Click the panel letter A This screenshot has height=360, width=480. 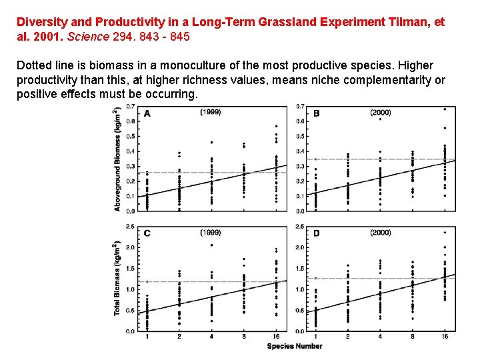pyautogui.click(x=147, y=113)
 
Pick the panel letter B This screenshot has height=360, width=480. pyautogui.click(x=316, y=113)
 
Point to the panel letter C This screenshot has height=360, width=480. pyautogui.click(x=147, y=233)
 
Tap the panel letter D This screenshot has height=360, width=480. pyautogui.click(x=316, y=233)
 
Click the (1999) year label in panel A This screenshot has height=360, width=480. pyautogui.click(x=211, y=112)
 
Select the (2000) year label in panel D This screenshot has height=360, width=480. pyautogui.click(x=381, y=232)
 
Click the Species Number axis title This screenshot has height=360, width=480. pyautogui.click(x=295, y=346)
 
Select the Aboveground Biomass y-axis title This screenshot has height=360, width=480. pyautogui.click(x=117, y=159)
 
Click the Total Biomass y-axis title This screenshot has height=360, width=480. pyautogui.click(x=117, y=279)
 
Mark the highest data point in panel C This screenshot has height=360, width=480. pyautogui.click(x=211, y=245)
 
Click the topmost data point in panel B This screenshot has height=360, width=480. pyautogui.click(x=445, y=109)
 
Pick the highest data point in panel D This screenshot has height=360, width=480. pyautogui.click(x=445, y=233)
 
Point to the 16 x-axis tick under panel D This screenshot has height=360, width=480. pyautogui.click(x=445, y=337)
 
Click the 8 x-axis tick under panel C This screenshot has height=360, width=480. pyautogui.click(x=244, y=337)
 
